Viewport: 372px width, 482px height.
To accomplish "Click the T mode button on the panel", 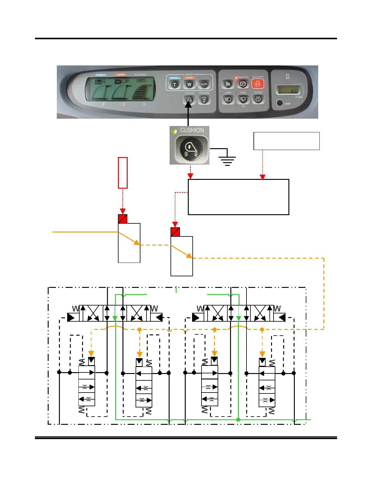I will tap(174, 84).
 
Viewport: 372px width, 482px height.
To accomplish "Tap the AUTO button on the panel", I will tap(204, 84).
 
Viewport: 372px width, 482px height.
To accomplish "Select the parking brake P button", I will tap(243, 84).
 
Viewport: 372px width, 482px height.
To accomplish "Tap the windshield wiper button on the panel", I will tap(243, 99).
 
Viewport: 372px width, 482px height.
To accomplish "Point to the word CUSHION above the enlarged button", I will tap(192, 130).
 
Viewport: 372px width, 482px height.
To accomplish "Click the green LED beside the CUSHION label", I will tap(174, 131).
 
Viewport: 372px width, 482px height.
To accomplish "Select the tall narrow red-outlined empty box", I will tap(122, 173).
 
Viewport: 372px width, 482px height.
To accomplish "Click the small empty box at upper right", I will tap(286, 141).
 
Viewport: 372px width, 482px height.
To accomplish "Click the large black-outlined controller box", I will tap(238, 197).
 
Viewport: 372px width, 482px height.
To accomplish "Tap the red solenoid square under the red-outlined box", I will tap(122, 219).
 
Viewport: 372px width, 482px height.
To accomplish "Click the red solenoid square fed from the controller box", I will tap(175, 232).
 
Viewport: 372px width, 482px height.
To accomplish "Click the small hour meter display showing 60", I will tap(288, 90).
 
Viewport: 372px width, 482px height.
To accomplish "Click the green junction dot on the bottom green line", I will tap(238, 420).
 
